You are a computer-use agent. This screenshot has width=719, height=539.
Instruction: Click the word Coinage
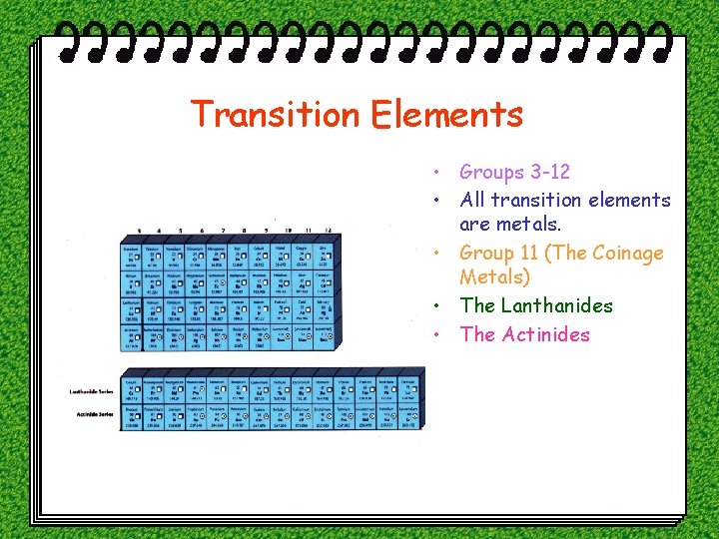tap(627, 253)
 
